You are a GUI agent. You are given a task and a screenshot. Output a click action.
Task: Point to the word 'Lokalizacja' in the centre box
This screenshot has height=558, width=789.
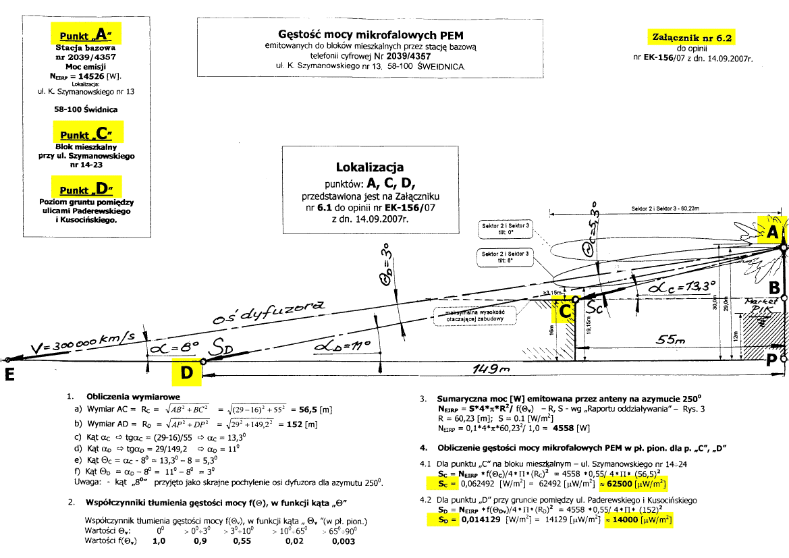tap(369, 167)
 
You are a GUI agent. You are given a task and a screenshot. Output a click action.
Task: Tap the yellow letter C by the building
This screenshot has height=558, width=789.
tap(566, 312)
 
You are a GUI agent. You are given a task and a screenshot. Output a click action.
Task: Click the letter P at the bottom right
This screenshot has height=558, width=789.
tap(773, 360)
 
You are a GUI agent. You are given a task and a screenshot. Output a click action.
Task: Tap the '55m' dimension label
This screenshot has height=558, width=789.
tap(671, 342)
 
